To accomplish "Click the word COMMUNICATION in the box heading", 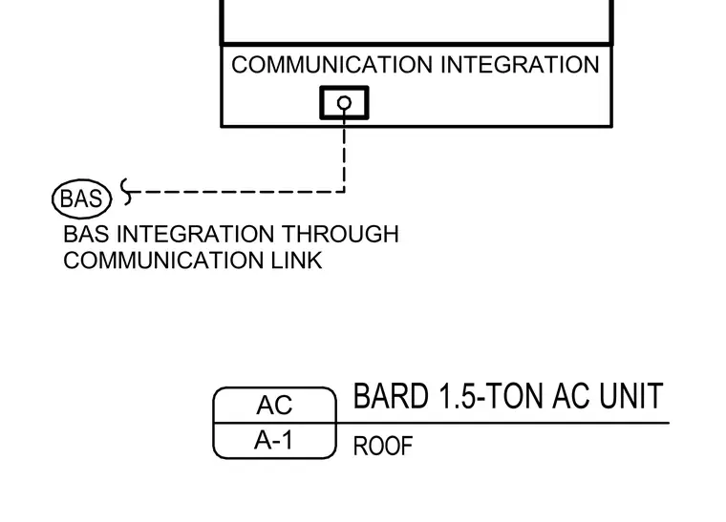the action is coord(332,65).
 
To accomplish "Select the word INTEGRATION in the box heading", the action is coord(520,65).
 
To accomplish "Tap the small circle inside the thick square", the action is coord(344,103).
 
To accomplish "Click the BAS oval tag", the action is coord(82,198).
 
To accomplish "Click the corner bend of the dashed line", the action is coord(344,191).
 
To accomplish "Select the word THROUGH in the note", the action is coord(340,234).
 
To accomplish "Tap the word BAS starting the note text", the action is coord(86,234).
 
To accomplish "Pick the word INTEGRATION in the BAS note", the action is coord(195,234).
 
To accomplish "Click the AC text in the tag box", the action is coord(274,405).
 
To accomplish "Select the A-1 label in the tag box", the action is coord(273,440).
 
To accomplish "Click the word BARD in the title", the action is coord(391,396).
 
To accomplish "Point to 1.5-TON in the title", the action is coord(491,396).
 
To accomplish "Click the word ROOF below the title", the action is coord(383,447).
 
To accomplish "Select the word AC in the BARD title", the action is coord(572,396).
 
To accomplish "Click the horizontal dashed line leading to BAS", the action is coord(239,191).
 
